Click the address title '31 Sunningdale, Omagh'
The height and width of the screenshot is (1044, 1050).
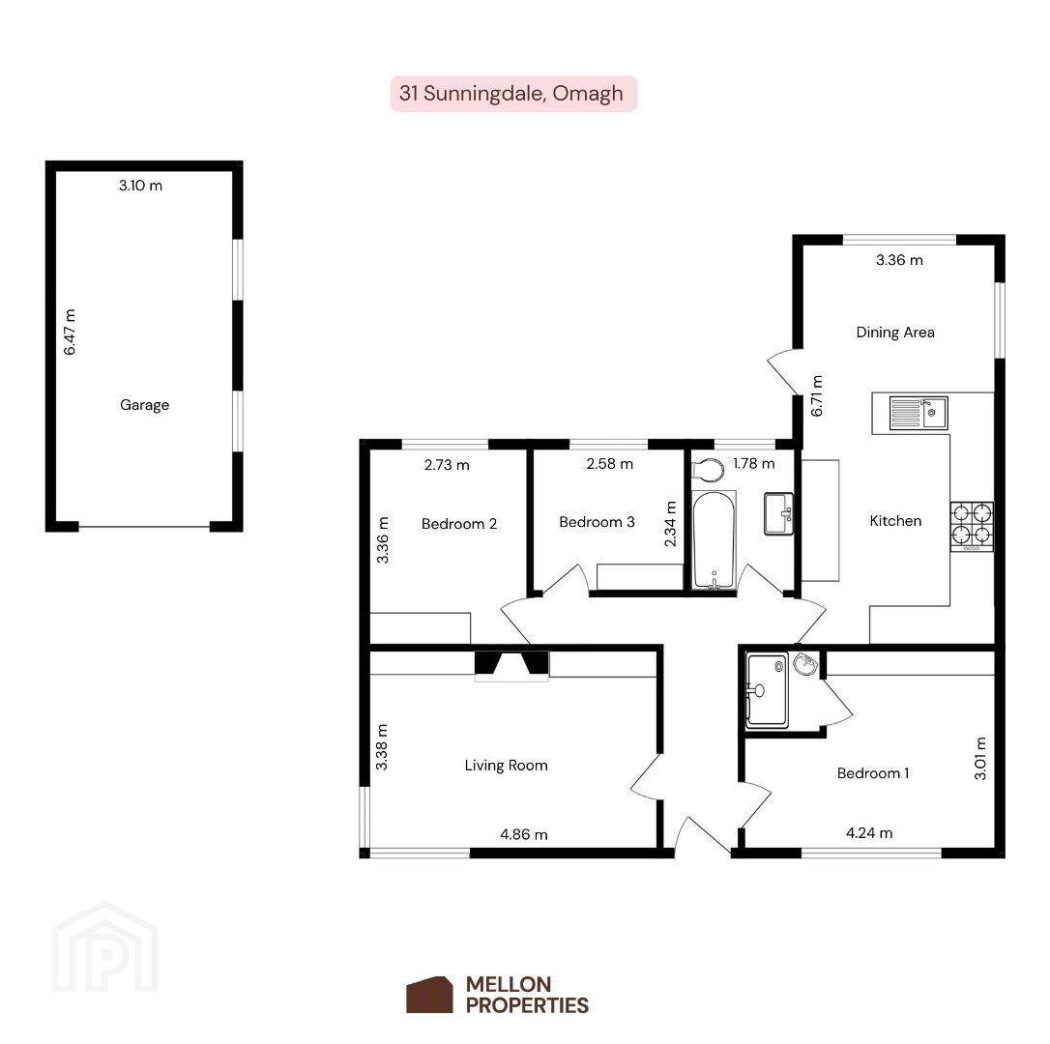510,93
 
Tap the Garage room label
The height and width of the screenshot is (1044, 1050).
145,404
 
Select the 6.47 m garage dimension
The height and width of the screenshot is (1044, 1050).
70,333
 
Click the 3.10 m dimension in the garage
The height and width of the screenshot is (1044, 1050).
140,186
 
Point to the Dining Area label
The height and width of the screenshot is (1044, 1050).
895,333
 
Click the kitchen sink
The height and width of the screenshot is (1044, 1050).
919,413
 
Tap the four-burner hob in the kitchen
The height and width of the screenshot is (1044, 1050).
972,527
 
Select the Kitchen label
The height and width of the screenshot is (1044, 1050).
895,521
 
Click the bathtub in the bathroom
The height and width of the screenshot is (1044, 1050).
714,540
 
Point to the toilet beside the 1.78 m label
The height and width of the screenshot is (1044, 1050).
709,470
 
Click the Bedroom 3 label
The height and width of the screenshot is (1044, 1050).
597,522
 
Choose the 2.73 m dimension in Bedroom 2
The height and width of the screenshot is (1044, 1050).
447,465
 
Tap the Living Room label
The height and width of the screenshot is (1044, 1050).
507,766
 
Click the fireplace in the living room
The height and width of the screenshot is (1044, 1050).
511,664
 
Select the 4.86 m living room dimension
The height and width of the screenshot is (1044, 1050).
524,834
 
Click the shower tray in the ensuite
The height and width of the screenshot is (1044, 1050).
768,690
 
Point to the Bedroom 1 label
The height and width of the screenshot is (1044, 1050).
873,773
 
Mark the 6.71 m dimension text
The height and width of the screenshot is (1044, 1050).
817,395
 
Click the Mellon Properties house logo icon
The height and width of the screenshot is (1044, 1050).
429,995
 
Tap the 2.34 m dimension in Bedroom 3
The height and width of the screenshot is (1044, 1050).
670,524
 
